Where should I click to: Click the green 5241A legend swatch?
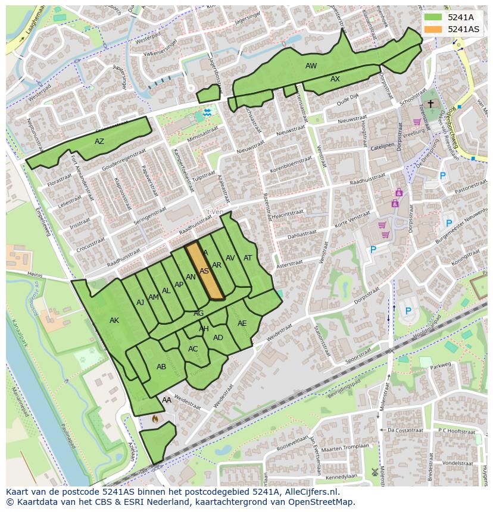433,17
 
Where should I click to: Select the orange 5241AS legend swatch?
433,29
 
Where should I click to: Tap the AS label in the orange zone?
204,271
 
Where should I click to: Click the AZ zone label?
99,142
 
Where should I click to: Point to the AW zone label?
311,66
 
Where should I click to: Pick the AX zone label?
335,79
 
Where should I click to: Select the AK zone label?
114,321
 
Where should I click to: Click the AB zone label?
161,367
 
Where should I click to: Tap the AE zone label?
242,323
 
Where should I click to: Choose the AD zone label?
218,338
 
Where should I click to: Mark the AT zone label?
248,258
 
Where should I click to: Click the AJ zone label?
140,303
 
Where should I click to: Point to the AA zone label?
167,400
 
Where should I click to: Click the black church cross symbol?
430,103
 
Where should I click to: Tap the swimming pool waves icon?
207,112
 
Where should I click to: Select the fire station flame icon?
155,419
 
